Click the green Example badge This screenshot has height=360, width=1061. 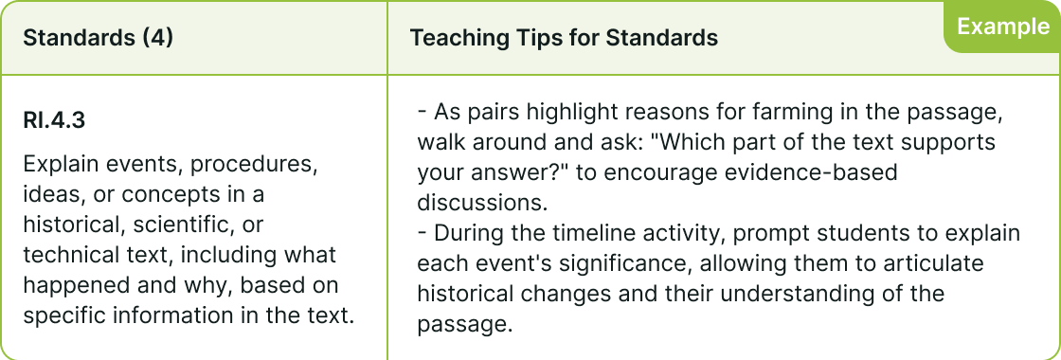pyautogui.click(x=1002, y=27)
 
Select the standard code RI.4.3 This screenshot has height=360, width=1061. pyautogui.click(x=54, y=120)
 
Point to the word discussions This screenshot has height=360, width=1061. pyautogui.click(x=481, y=203)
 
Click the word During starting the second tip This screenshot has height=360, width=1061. pyautogui.click(x=471, y=233)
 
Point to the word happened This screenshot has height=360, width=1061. pyautogui.click(x=74, y=286)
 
